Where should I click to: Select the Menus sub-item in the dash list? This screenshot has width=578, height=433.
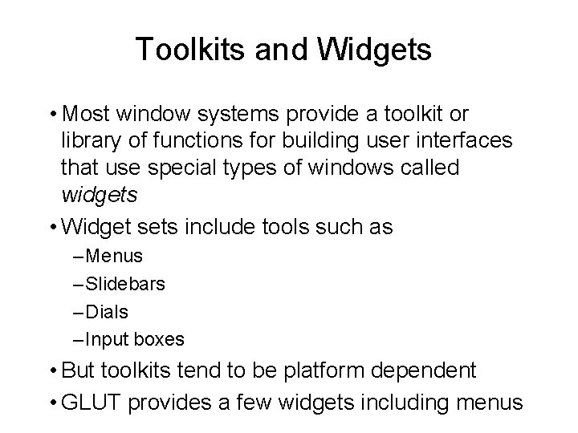click(113, 257)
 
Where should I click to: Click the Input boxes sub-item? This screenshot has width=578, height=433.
click(134, 340)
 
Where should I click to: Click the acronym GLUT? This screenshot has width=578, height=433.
click(86, 400)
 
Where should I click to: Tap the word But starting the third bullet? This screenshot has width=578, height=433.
click(78, 371)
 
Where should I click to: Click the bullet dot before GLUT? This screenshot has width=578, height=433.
click(53, 400)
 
